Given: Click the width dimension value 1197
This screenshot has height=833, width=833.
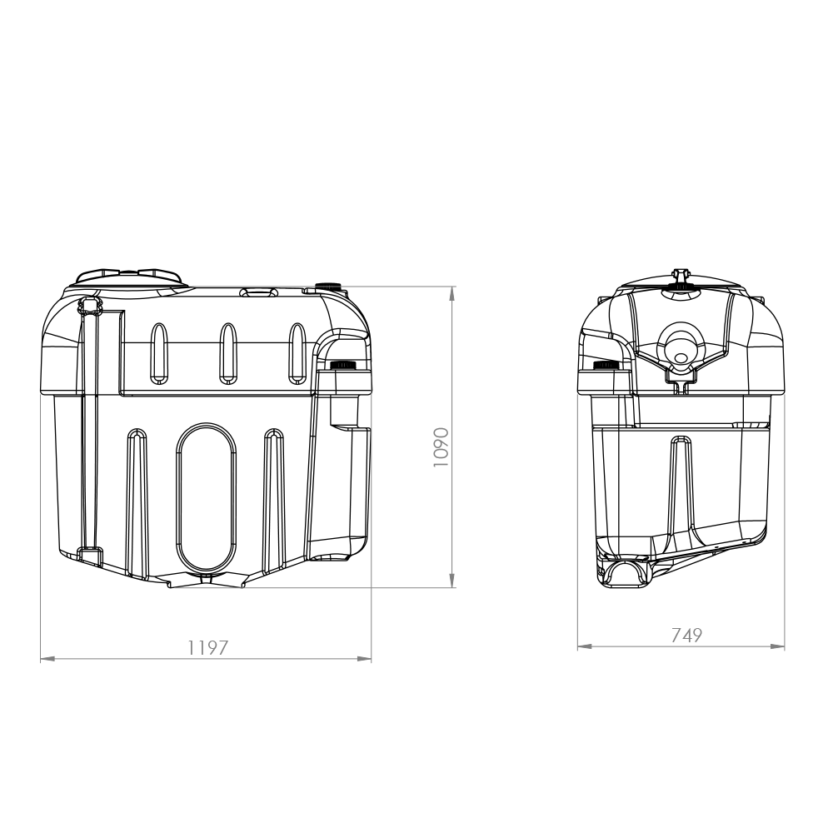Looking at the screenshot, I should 207,647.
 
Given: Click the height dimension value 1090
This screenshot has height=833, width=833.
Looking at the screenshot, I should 441,447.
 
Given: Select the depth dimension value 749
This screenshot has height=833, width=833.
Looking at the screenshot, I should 686,635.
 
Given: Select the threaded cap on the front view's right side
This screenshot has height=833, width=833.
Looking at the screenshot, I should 343,366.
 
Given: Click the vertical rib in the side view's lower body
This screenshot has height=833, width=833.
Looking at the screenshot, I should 681,483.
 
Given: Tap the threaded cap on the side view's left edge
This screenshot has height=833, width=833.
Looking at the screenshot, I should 605,365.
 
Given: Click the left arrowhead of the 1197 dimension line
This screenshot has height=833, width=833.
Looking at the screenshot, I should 47,659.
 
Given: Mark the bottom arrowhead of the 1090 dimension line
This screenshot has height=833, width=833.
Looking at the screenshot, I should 452,581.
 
